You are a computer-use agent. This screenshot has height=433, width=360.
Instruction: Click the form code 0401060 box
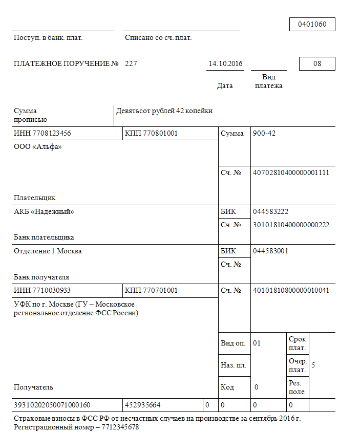click(312, 24)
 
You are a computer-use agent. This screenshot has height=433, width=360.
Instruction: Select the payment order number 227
click(131, 64)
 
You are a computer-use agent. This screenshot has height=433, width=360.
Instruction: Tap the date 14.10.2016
click(225, 64)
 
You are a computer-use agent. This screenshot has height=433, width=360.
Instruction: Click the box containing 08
click(317, 64)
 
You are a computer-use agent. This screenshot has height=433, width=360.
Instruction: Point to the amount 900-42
click(264, 134)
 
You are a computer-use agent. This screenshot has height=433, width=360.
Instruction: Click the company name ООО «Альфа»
click(37, 147)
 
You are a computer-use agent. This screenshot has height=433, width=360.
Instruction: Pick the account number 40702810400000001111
click(290, 172)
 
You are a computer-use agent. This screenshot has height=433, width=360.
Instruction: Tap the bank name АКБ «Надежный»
click(44, 212)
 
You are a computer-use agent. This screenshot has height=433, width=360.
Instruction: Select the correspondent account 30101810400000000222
click(290, 225)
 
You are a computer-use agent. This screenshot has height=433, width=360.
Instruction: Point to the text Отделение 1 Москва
click(48, 251)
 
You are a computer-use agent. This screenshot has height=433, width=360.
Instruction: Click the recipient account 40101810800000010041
click(290, 291)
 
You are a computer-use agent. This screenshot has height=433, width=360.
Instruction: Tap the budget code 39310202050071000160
click(52, 405)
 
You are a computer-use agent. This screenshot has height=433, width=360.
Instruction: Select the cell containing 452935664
click(143, 405)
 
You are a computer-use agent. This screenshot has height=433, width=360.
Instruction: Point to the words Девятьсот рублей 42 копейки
click(164, 111)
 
